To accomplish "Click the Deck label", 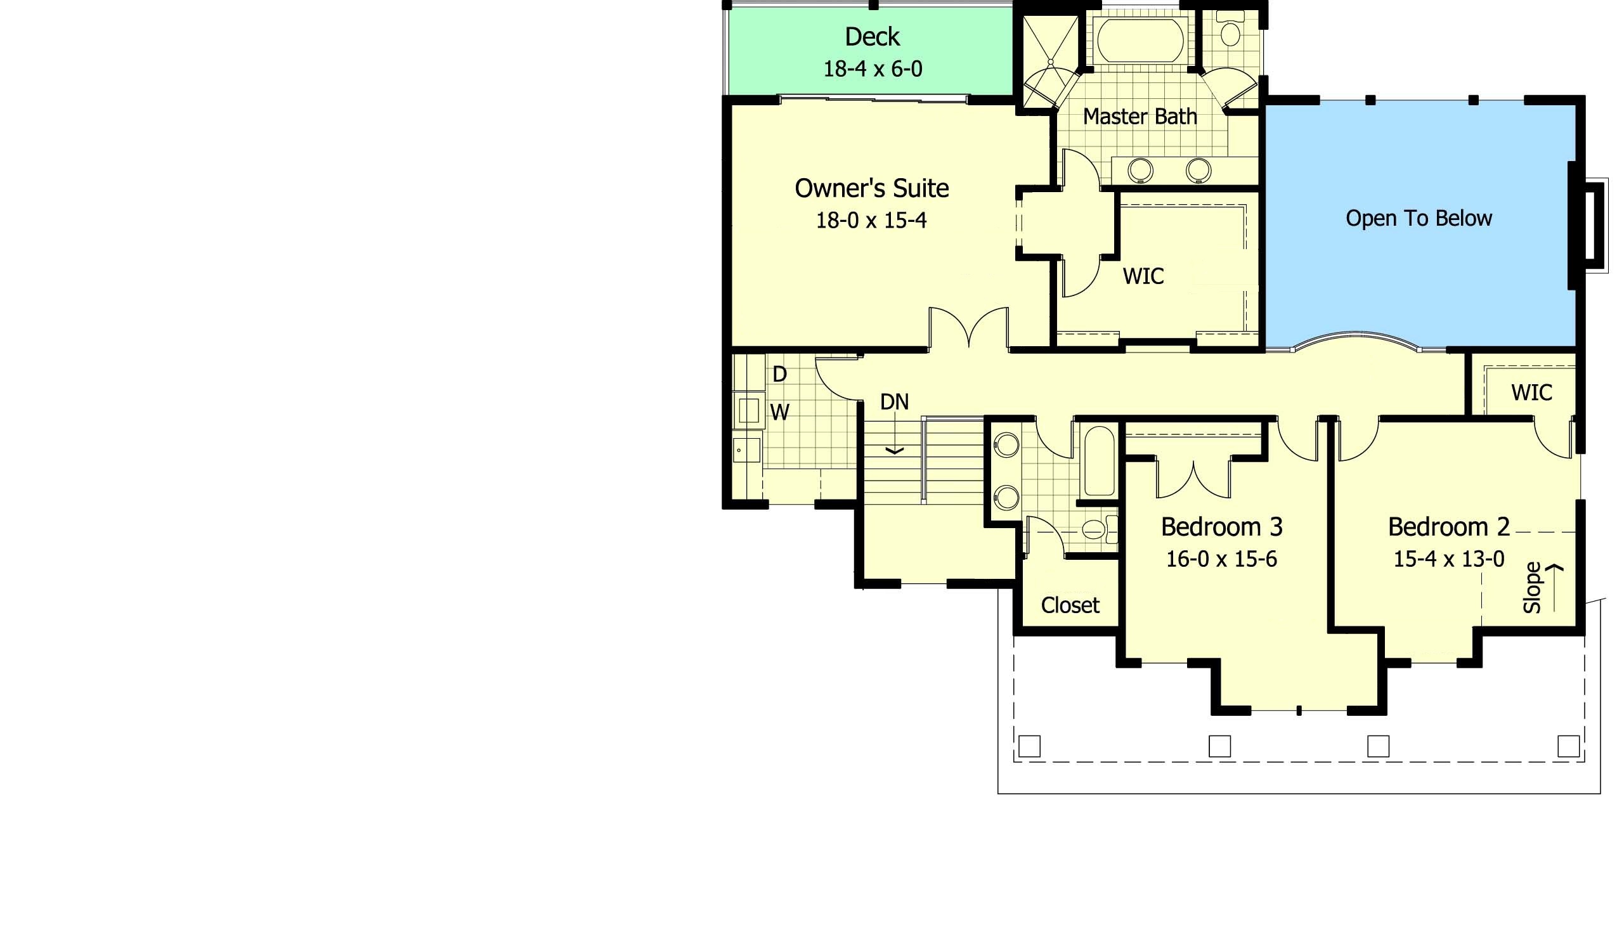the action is (872, 37).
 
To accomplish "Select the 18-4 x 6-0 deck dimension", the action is (873, 68).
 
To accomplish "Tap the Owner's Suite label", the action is (871, 188).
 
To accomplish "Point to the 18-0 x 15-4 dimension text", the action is (871, 220).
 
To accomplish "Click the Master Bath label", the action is (1140, 117).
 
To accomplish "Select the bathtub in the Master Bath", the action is (1140, 40).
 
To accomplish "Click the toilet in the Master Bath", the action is (1229, 29).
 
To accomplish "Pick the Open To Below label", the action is (1419, 218).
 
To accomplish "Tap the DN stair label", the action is (894, 402).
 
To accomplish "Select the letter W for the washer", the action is (779, 412).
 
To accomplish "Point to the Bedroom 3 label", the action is (1221, 527).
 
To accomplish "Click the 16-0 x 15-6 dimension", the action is (1221, 559).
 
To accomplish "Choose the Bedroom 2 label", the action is (1450, 527).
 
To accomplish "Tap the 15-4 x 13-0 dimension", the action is (1450, 559).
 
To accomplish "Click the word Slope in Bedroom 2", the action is (1531, 588).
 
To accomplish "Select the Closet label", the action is (1070, 605).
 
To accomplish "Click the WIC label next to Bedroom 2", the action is (1531, 392).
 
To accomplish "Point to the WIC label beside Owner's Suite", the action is (1143, 276).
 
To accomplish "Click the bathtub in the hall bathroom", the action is (1099, 461).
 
